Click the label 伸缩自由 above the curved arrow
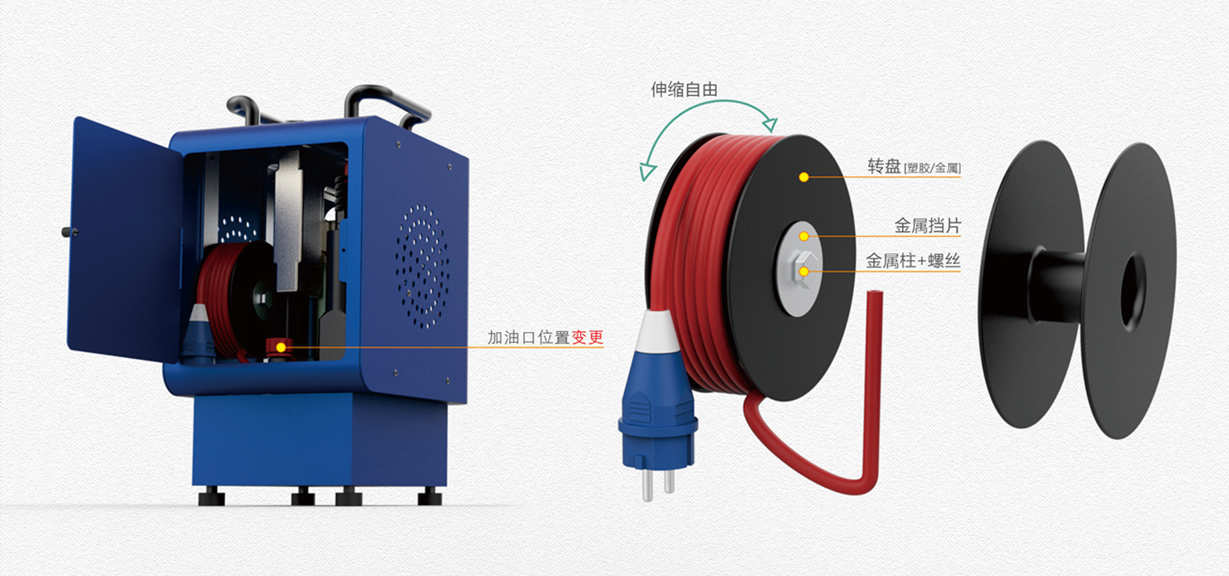(x=684, y=90)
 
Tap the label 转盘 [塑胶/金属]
(x=913, y=166)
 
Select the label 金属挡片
(x=927, y=226)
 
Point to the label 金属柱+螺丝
(x=913, y=261)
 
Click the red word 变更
(x=587, y=337)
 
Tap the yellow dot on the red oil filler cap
(x=280, y=348)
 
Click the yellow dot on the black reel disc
(x=804, y=177)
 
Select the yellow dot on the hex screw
(x=804, y=272)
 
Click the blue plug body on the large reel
(x=657, y=410)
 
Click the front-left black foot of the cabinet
(x=211, y=496)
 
